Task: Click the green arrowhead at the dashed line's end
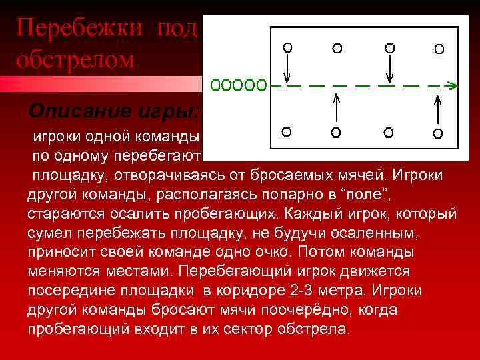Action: (x=452, y=85)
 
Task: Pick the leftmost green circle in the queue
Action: (x=216, y=85)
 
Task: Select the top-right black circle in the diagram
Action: (x=439, y=49)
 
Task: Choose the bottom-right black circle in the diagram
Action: (x=439, y=133)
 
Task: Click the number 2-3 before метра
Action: (x=301, y=291)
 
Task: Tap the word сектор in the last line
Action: (x=223, y=329)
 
